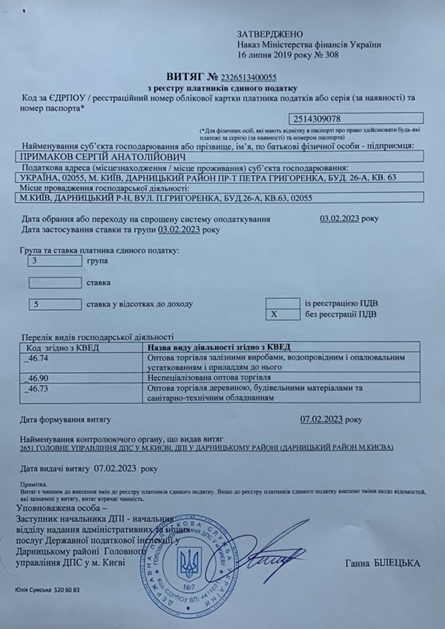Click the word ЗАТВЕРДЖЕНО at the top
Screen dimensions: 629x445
click(x=271, y=34)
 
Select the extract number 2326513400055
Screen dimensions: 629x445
click(x=242, y=76)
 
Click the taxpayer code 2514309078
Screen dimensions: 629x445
click(x=317, y=117)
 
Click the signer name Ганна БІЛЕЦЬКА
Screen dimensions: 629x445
click(x=382, y=564)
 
